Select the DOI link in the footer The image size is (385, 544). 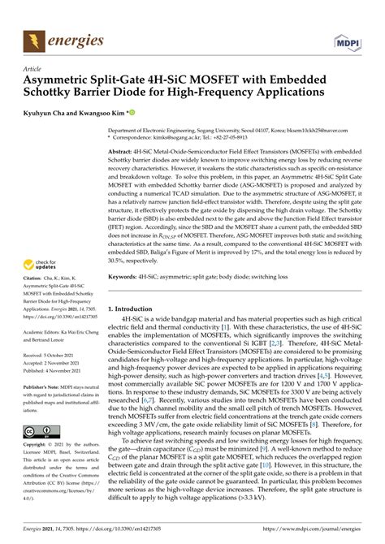coord(114,529)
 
